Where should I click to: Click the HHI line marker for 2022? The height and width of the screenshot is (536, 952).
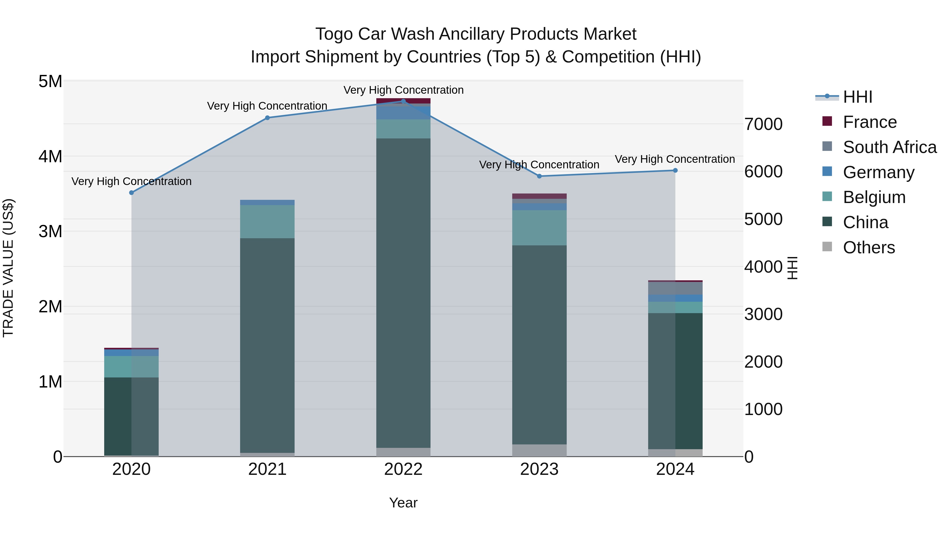pos(403,101)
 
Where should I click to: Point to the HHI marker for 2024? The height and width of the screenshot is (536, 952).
pos(675,170)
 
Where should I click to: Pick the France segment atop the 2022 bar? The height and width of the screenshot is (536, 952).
pos(403,100)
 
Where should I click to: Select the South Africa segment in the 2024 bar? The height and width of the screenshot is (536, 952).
pos(675,288)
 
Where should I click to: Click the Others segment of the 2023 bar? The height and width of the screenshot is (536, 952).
pos(539,450)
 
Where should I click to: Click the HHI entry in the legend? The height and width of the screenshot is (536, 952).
pos(857,97)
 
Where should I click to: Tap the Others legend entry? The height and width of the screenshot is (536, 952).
pos(868,247)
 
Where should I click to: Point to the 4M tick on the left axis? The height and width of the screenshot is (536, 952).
pos(50,156)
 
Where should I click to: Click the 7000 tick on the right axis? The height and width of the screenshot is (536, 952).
pos(763,124)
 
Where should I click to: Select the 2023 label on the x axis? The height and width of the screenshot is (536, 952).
pos(539,469)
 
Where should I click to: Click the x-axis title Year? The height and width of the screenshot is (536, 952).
pos(403,503)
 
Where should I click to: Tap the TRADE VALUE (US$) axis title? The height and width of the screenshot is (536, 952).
pos(8,268)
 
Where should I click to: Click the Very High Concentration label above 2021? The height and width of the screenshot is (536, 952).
pos(267,106)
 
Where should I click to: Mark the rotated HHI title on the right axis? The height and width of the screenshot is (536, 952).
pos(792,268)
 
